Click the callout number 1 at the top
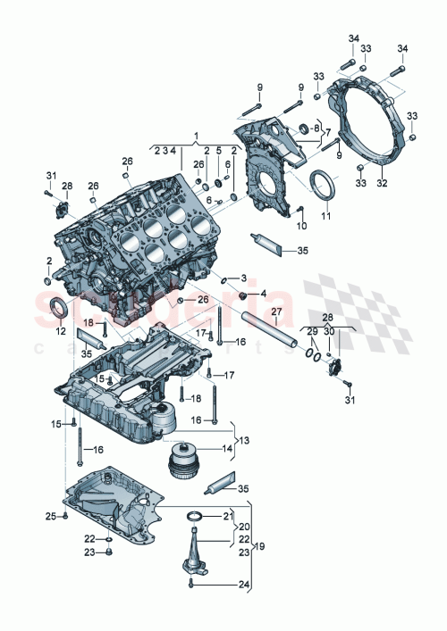click(195, 137)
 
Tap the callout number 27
click(276, 311)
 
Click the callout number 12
click(60, 332)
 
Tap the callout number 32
click(384, 183)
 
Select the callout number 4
click(264, 295)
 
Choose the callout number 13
click(244, 440)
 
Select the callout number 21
click(227, 516)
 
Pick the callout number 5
click(218, 151)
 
